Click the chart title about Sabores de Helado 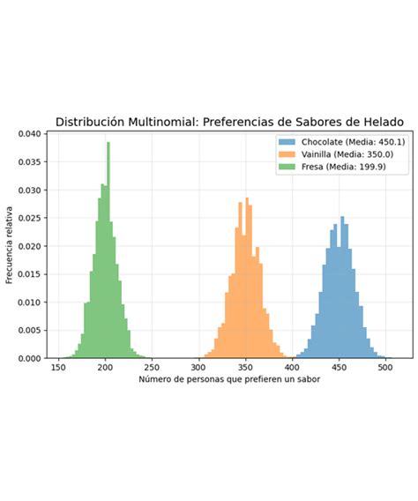click(x=230, y=122)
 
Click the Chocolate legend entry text click(x=347, y=142)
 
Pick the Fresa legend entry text click(x=335, y=167)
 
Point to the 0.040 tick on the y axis click(x=28, y=135)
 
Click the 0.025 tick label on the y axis click(x=28, y=219)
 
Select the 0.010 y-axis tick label click(x=28, y=303)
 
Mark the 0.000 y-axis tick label click(x=28, y=359)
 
